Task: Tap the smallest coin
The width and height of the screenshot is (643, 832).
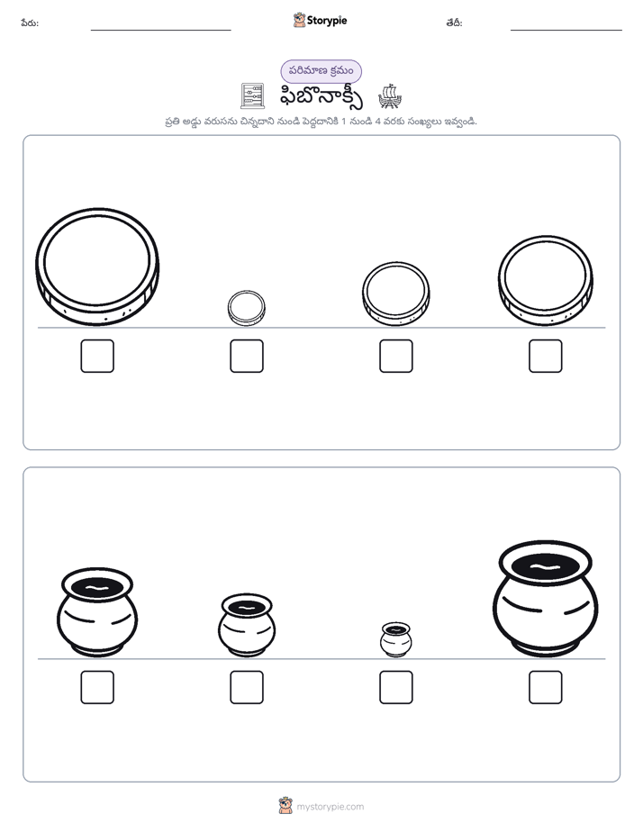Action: point(246,308)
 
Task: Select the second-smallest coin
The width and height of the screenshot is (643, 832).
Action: point(395,294)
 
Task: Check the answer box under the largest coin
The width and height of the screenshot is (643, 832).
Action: point(97,356)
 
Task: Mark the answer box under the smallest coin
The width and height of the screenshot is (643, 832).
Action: point(247,356)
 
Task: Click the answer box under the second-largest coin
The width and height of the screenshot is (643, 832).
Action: point(546,356)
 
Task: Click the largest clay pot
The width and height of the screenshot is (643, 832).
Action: point(546,599)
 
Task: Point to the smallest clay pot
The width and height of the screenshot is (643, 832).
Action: point(395,640)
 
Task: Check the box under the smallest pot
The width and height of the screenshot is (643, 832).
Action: point(395,687)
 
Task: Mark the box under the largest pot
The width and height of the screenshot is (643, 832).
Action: point(546,687)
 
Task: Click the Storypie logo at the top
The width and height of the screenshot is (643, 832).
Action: point(320,20)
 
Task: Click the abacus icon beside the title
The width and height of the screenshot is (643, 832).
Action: point(252,96)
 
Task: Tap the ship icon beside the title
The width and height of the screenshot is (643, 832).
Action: point(390,96)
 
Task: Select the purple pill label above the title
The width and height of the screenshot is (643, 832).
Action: point(321,71)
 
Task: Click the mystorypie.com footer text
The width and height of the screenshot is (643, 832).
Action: point(330,807)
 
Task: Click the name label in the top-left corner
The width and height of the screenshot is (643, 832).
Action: point(30,23)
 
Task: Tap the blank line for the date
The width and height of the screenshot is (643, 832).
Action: point(566,31)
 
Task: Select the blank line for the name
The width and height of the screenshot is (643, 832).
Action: point(160,31)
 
